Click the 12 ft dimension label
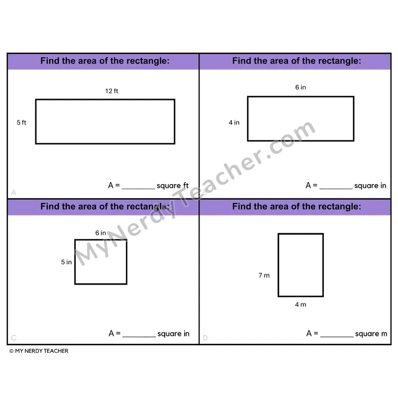point(111,91)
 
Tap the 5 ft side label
point(21,122)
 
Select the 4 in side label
point(234,122)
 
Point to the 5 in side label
point(66,262)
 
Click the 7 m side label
point(264,276)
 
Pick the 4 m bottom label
point(300,304)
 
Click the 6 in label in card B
point(300,88)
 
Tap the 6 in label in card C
point(100,233)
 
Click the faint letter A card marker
point(14,192)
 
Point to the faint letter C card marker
point(14,338)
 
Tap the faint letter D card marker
point(205,338)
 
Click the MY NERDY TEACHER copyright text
point(39,351)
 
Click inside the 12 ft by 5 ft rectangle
point(105,121)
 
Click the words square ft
point(173,186)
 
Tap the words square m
point(371,334)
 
